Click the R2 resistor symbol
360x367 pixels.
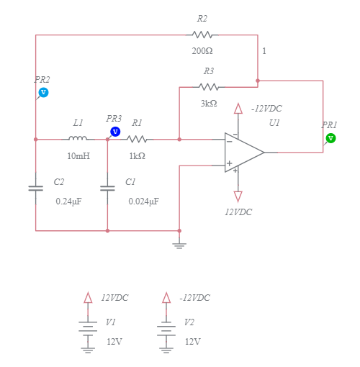coord(202,35)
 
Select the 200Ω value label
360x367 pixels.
coord(202,51)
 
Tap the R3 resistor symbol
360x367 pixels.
coord(208,87)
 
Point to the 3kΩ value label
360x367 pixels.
coord(209,104)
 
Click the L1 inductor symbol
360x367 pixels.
coord(78,139)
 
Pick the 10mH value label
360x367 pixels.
coord(78,155)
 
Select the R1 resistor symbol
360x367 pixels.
coord(137,139)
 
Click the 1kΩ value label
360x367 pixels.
coord(137,155)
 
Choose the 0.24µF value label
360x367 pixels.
coord(68,201)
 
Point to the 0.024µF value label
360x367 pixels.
coord(143,201)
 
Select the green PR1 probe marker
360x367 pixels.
coord(330,138)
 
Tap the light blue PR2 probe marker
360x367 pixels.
coord(43,92)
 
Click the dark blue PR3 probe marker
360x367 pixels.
coord(114,131)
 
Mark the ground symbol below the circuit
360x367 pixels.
coord(179,243)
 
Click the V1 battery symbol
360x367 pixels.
coord(88,327)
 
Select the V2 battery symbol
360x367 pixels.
coord(166,327)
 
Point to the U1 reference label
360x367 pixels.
coord(274,123)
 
